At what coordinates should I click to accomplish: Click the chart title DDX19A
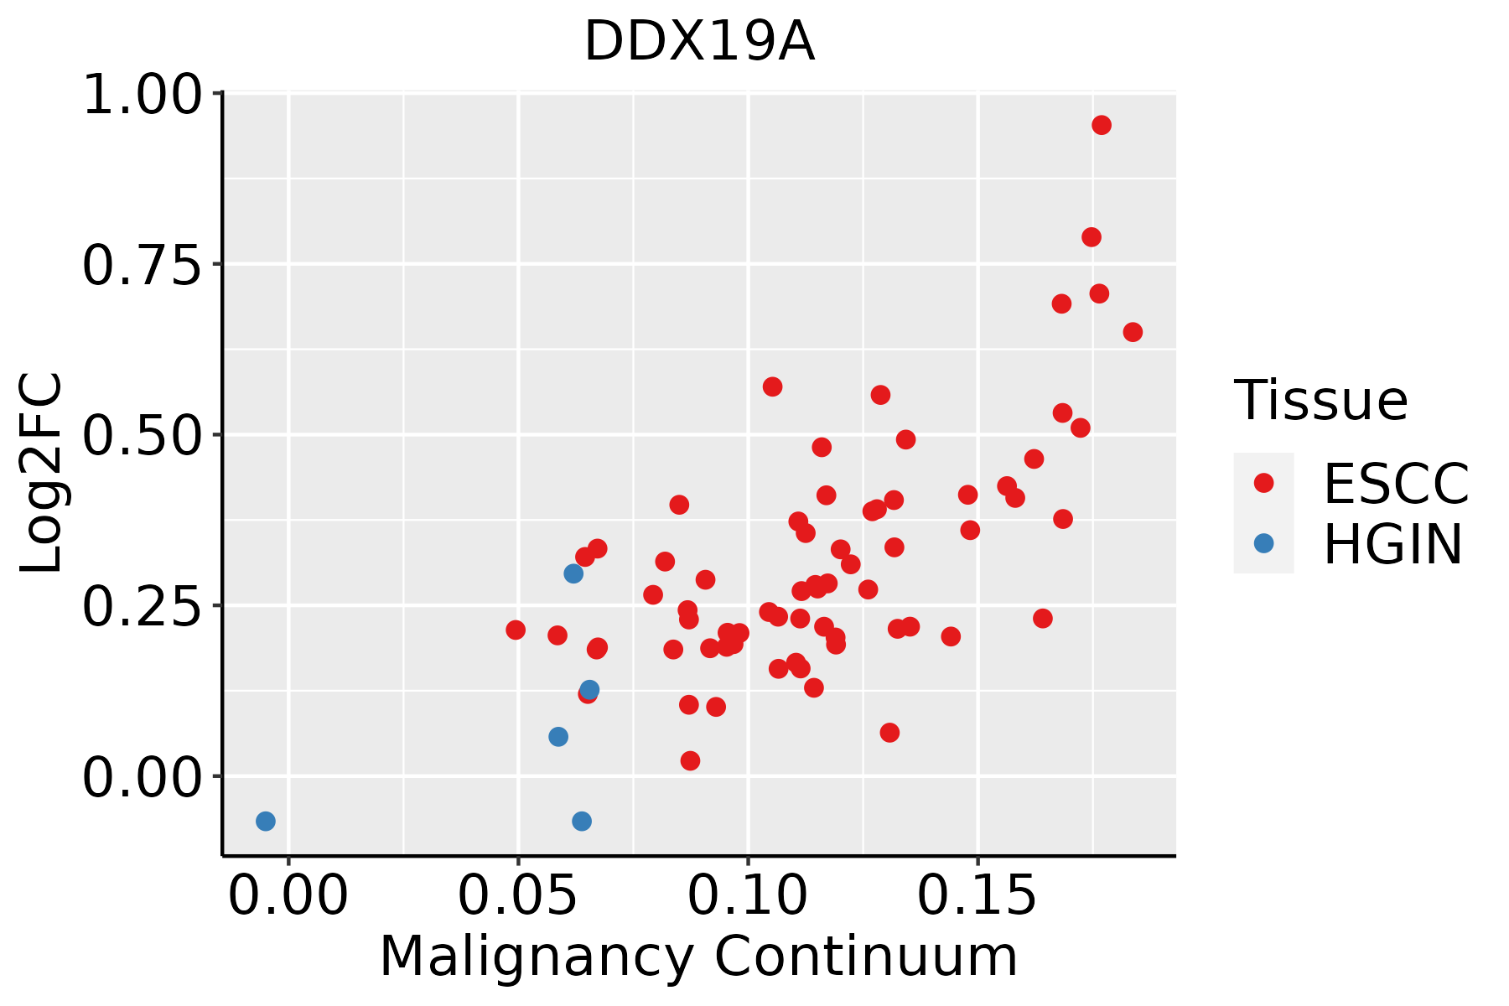point(698,42)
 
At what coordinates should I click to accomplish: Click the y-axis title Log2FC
point(42,473)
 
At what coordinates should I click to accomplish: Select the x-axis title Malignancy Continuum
point(698,957)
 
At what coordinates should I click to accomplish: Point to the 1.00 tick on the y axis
point(143,95)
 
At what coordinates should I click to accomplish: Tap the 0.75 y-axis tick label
point(143,266)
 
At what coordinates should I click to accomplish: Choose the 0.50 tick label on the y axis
point(143,437)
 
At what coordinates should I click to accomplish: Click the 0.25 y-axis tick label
point(143,608)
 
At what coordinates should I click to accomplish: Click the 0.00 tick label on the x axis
point(288,896)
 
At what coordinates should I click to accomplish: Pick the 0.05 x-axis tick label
point(517,896)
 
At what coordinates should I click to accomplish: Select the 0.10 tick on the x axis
point(748,896)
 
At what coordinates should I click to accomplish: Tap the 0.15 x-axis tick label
point(977,896)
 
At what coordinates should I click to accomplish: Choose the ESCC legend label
point(1397,483)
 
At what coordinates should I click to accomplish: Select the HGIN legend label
point(1393,544)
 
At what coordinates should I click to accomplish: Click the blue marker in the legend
point(1263,543)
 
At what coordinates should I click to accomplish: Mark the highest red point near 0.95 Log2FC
point(1102,125)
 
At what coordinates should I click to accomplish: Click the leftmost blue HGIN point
point(266,822)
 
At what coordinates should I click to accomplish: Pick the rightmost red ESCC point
point(1133,332)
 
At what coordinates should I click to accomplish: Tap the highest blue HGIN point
point(573,573)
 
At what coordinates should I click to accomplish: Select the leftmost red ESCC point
point(516,630)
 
